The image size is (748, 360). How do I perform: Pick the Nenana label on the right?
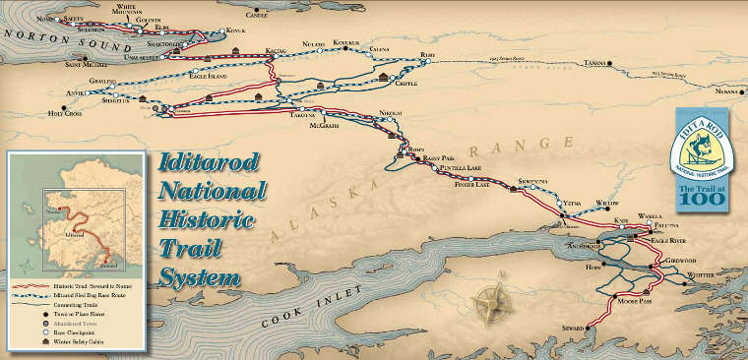click(x=726, y=90)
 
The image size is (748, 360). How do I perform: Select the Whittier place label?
click(x=709, y=275)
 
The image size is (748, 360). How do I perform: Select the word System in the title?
click(x=202, y=274)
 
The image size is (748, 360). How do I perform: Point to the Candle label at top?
click(x=256, y=15)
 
